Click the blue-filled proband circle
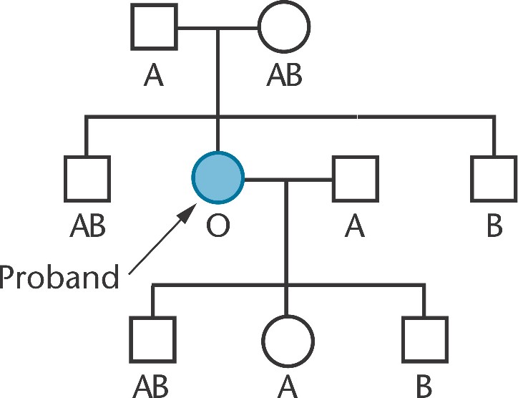pyautogui.click(x=218, y=177)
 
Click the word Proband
pyautogui.click(x=59, y=276)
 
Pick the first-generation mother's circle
pyautogui.click(x=284, y=27)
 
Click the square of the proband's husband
pyautogui.click(x=354, y=177)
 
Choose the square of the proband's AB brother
pyautogui.click(x=87, y=177)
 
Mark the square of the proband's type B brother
pyautogui.click(x=493, y=177)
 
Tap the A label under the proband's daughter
pyautogui.click(x=286, y=386)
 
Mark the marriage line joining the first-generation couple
pyautogui.click(x=218, y=29)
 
